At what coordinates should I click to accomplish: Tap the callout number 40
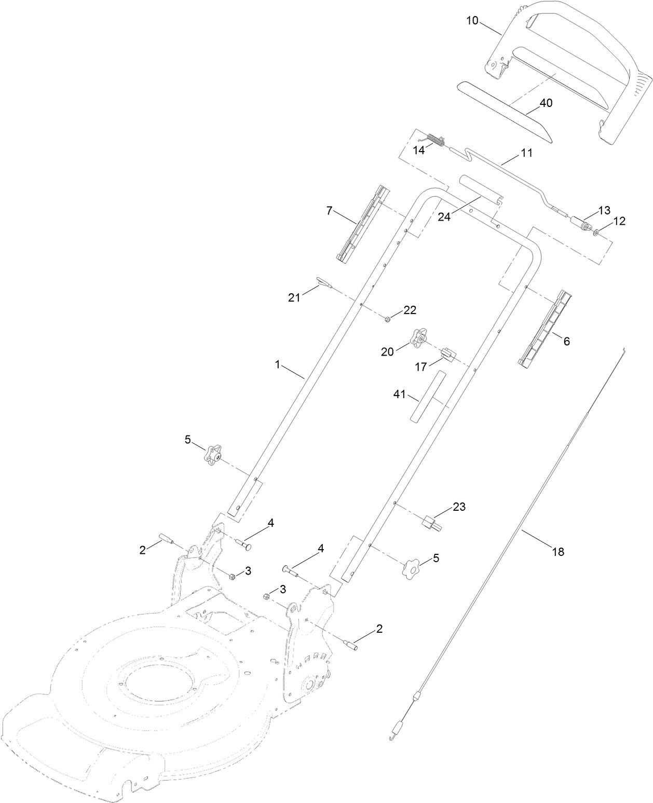546,103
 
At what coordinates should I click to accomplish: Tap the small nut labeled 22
388,319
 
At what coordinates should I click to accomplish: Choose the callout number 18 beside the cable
557,552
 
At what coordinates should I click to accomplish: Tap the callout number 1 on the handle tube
278,365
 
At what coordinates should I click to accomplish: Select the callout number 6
566,341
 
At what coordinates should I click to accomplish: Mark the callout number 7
329,211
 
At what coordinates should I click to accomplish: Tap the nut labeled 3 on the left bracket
232,576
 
